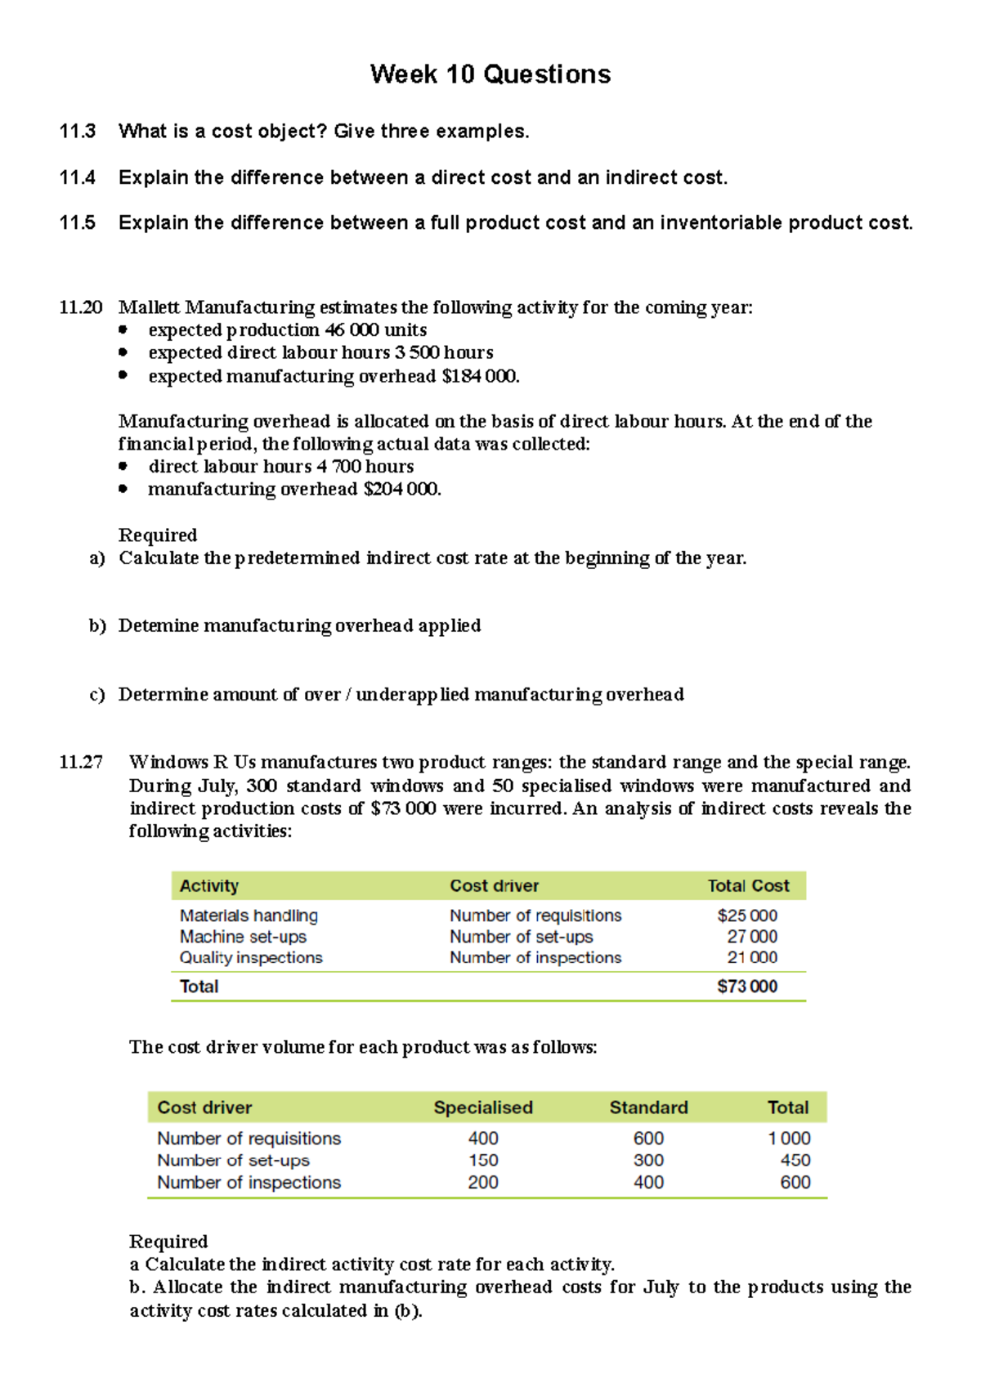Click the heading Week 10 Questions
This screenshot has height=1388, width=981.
pyautogui.click(x=490, y=74)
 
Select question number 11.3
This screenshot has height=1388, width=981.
pyautogui.click(x=78, y=132)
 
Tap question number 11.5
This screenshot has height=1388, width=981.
pyautogui.click(x=78, y=223)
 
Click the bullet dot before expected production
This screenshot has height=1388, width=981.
pyautogui.click(x=123, y=330)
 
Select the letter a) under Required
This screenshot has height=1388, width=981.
pyautogui.click(x=97, y=558)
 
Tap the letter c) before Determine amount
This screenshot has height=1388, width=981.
pyautogui.click(x=97, y=695)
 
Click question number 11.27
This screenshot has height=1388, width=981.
pyautogui.click(x=81, y=763)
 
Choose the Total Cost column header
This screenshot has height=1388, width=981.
pyautogui.click(x=748, y=886)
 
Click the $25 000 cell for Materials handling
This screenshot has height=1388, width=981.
pyautogui.click(x=747, y=916)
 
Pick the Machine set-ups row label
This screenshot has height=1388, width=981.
pyautogui.click(x=243, y=937)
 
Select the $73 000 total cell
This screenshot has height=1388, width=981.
pyautogui.click(x=747, y=987)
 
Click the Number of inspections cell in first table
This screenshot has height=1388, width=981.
pyautogui.click(x=535, y=958)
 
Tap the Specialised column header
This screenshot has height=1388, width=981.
pyautogui.click(x=483, y=1108)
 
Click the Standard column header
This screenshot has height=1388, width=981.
pyautogui.click(x=648, y=1108)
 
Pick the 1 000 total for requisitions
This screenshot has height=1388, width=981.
pyautogui.click(x=789, y=1139)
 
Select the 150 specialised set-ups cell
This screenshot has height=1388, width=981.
pyautogui.click(x=483, y=1161)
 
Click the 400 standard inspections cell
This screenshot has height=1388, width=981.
pyautogui.click(x=648, y=1183)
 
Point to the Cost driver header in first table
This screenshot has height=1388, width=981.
pyautogui.click(x=494, y=886)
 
